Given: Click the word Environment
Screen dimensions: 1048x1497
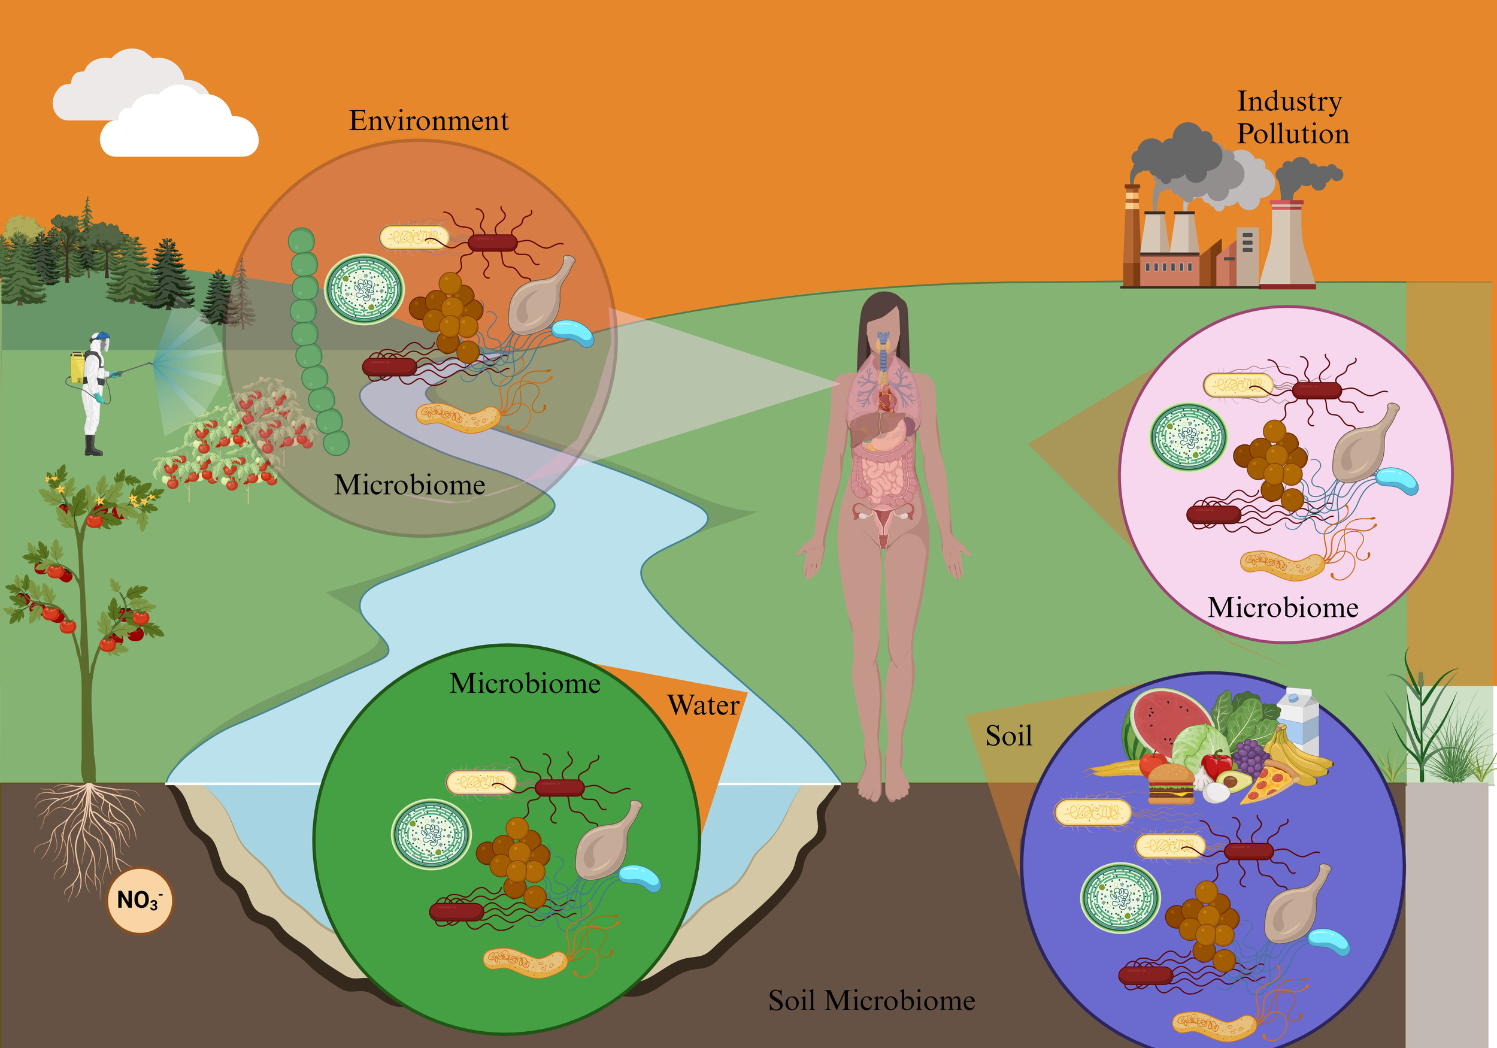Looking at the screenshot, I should pos(428,120).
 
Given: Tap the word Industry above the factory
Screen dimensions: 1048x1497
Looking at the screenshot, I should pos(1289,102).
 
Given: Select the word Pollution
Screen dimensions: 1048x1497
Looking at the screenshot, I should pos(1293,134).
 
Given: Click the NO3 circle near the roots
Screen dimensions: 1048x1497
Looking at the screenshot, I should pos(140,900).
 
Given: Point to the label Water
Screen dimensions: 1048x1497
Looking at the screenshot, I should pos(704,705).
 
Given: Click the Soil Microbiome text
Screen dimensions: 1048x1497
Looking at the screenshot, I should pos(871,1001).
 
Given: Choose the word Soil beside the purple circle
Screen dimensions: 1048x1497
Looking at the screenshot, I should pos(1008,736).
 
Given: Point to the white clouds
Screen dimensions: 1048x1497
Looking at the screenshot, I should pos(156,104).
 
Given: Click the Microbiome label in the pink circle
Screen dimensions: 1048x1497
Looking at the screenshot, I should pos(1283,608).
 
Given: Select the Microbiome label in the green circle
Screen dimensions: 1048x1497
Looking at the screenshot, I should pos(525,683).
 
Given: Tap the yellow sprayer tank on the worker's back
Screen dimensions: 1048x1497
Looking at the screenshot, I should pos(77,367).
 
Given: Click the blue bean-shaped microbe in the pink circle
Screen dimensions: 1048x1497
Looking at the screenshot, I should pos(1396,481).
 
